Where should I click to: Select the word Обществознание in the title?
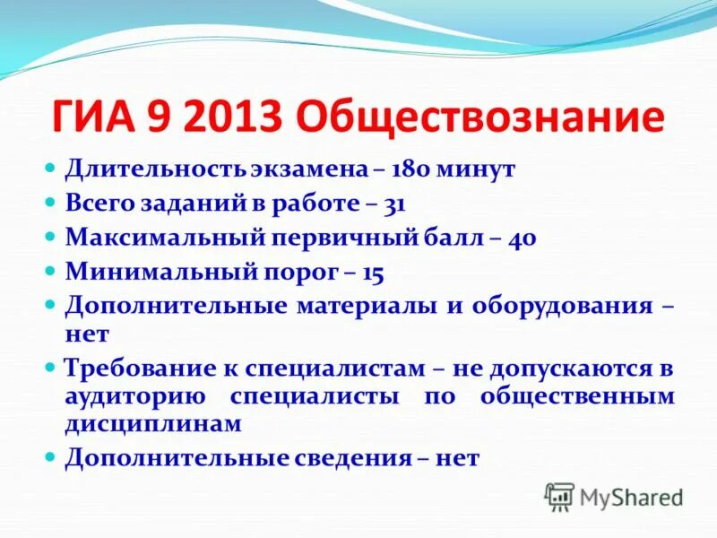tap(479, 118)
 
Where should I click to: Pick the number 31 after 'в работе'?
tap(394, 204)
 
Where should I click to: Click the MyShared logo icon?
tap(559, 496)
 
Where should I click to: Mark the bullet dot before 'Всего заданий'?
tap(51, 202)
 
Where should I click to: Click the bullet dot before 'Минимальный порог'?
tap(51, 269)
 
